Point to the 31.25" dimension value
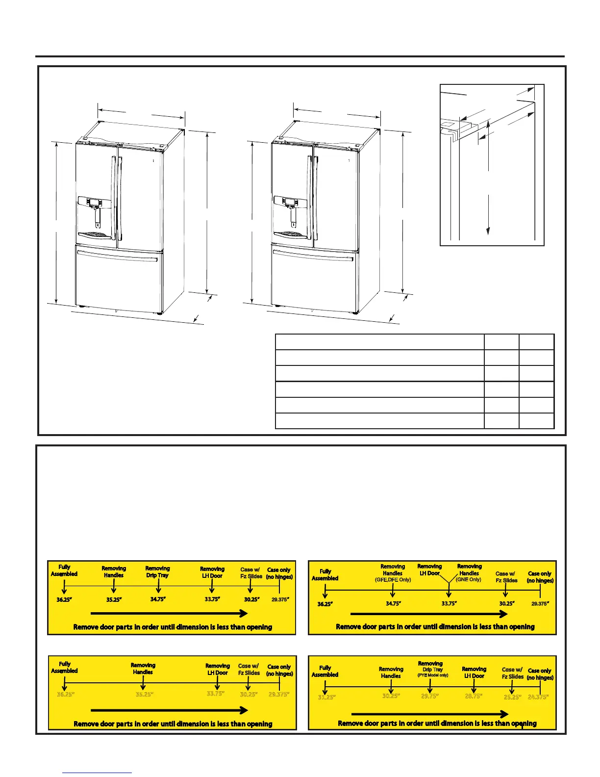coord(326,697)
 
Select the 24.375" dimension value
coord(538,697)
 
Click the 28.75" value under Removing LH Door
coord(474,697)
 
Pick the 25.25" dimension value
coord(512,697)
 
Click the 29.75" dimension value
coord(430,697)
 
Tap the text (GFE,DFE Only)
coord(393,580)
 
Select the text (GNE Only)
coord(469,580)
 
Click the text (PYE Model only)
coord(433,675)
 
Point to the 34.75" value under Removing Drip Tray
coord(158,599)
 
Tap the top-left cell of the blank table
coord(379,342)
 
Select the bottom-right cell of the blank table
coord(537,421)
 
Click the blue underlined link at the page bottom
coord(97,773)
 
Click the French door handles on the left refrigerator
coord(116,196)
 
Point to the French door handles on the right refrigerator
coord(312,196)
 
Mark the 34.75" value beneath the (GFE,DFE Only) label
coord(393,604)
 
